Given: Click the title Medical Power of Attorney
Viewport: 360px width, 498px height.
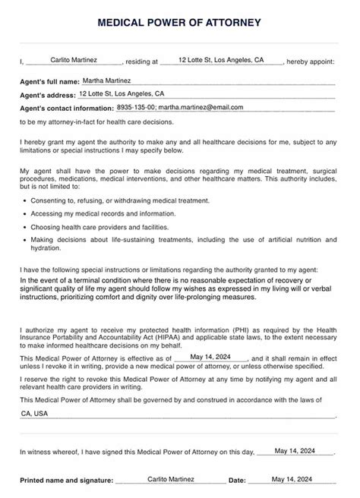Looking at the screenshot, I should pos(179,24).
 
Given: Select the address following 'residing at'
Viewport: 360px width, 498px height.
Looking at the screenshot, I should pos(221,59).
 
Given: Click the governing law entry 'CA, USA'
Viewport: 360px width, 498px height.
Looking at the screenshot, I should pos(34,414).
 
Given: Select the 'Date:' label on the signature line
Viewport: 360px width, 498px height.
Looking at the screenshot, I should pos(237,480).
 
